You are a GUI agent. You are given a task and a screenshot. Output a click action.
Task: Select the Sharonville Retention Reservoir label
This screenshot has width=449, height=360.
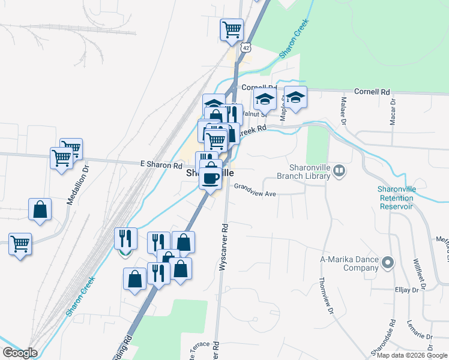tap(396, 197)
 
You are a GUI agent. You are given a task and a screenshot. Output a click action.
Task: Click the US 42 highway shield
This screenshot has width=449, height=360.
tap(244, 47)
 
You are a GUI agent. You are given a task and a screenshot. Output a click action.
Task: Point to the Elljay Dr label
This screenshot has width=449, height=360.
tap(406, 290)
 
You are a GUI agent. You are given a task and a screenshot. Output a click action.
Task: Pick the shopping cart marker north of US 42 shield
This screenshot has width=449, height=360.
tap(232, 29)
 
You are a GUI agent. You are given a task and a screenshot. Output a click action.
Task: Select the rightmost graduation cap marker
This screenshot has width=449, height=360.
tap(295, 97)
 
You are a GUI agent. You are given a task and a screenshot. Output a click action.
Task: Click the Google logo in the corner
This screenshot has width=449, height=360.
tap(20, 353)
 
